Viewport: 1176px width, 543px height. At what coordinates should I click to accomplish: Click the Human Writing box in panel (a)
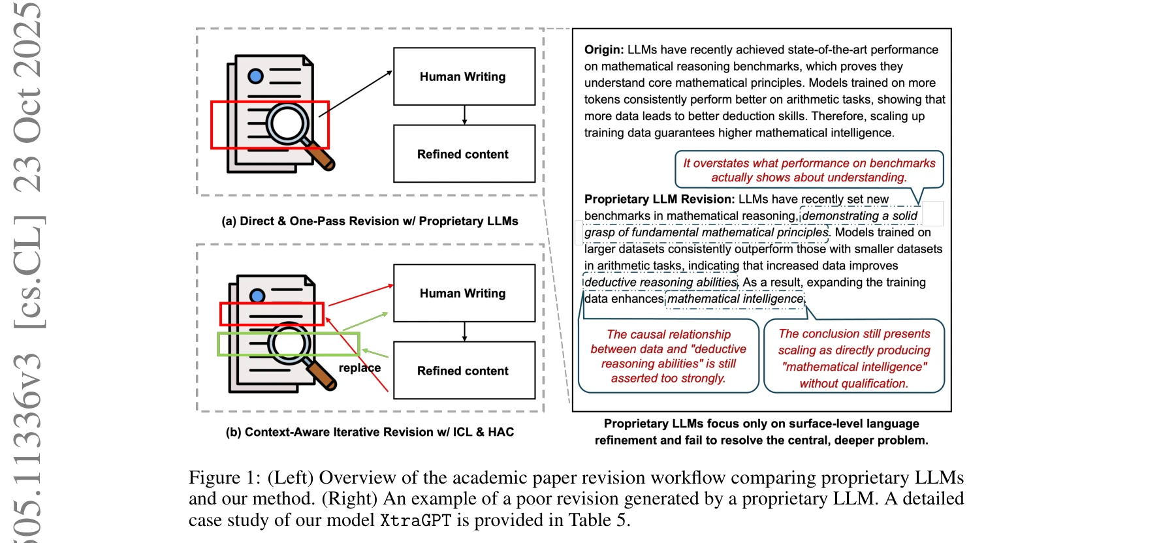(x=464, y=76)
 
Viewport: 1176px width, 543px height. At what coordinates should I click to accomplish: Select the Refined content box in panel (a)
(x=464, y=154)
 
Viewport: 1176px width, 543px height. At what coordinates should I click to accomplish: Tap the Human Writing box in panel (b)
(x=464, y=293)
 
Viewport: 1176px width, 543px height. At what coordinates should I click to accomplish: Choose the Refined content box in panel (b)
(x=464, y=371)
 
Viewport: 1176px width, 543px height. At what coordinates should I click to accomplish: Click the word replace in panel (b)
(x=359, y=367)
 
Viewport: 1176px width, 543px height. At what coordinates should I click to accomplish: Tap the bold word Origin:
(x=604, y=50)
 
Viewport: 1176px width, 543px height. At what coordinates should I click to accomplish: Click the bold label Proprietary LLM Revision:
(x=660, y=199)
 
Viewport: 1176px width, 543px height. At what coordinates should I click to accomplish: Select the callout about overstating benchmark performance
(x=809, y=170)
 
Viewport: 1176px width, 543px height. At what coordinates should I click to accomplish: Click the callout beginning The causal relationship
(x=668, y=356)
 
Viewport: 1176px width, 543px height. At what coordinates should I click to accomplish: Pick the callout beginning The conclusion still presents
(x=854, y=358)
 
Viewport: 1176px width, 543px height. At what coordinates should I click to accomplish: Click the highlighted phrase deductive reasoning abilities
(x=660, y=282)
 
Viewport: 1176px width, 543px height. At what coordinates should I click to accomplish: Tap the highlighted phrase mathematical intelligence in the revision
(x=735, y=299)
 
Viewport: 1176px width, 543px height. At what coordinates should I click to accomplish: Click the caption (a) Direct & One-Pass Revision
(x=370, y=221)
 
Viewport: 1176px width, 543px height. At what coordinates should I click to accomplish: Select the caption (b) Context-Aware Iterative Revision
(x=370, y=432)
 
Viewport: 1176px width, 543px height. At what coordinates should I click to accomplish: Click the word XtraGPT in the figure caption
(x=415, y=520)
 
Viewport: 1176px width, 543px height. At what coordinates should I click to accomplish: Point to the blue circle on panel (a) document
(x=256, y=76)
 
